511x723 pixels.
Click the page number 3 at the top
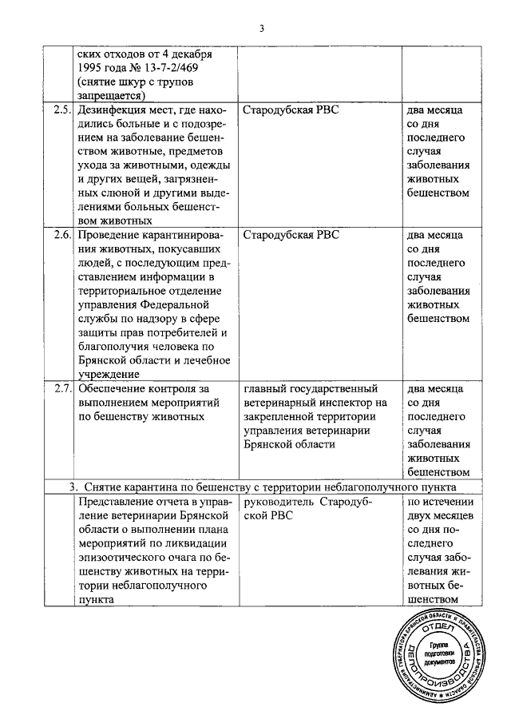click(260, 30)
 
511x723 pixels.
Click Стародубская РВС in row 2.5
click(291, 109)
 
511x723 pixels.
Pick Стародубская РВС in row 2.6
click(291, 236)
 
